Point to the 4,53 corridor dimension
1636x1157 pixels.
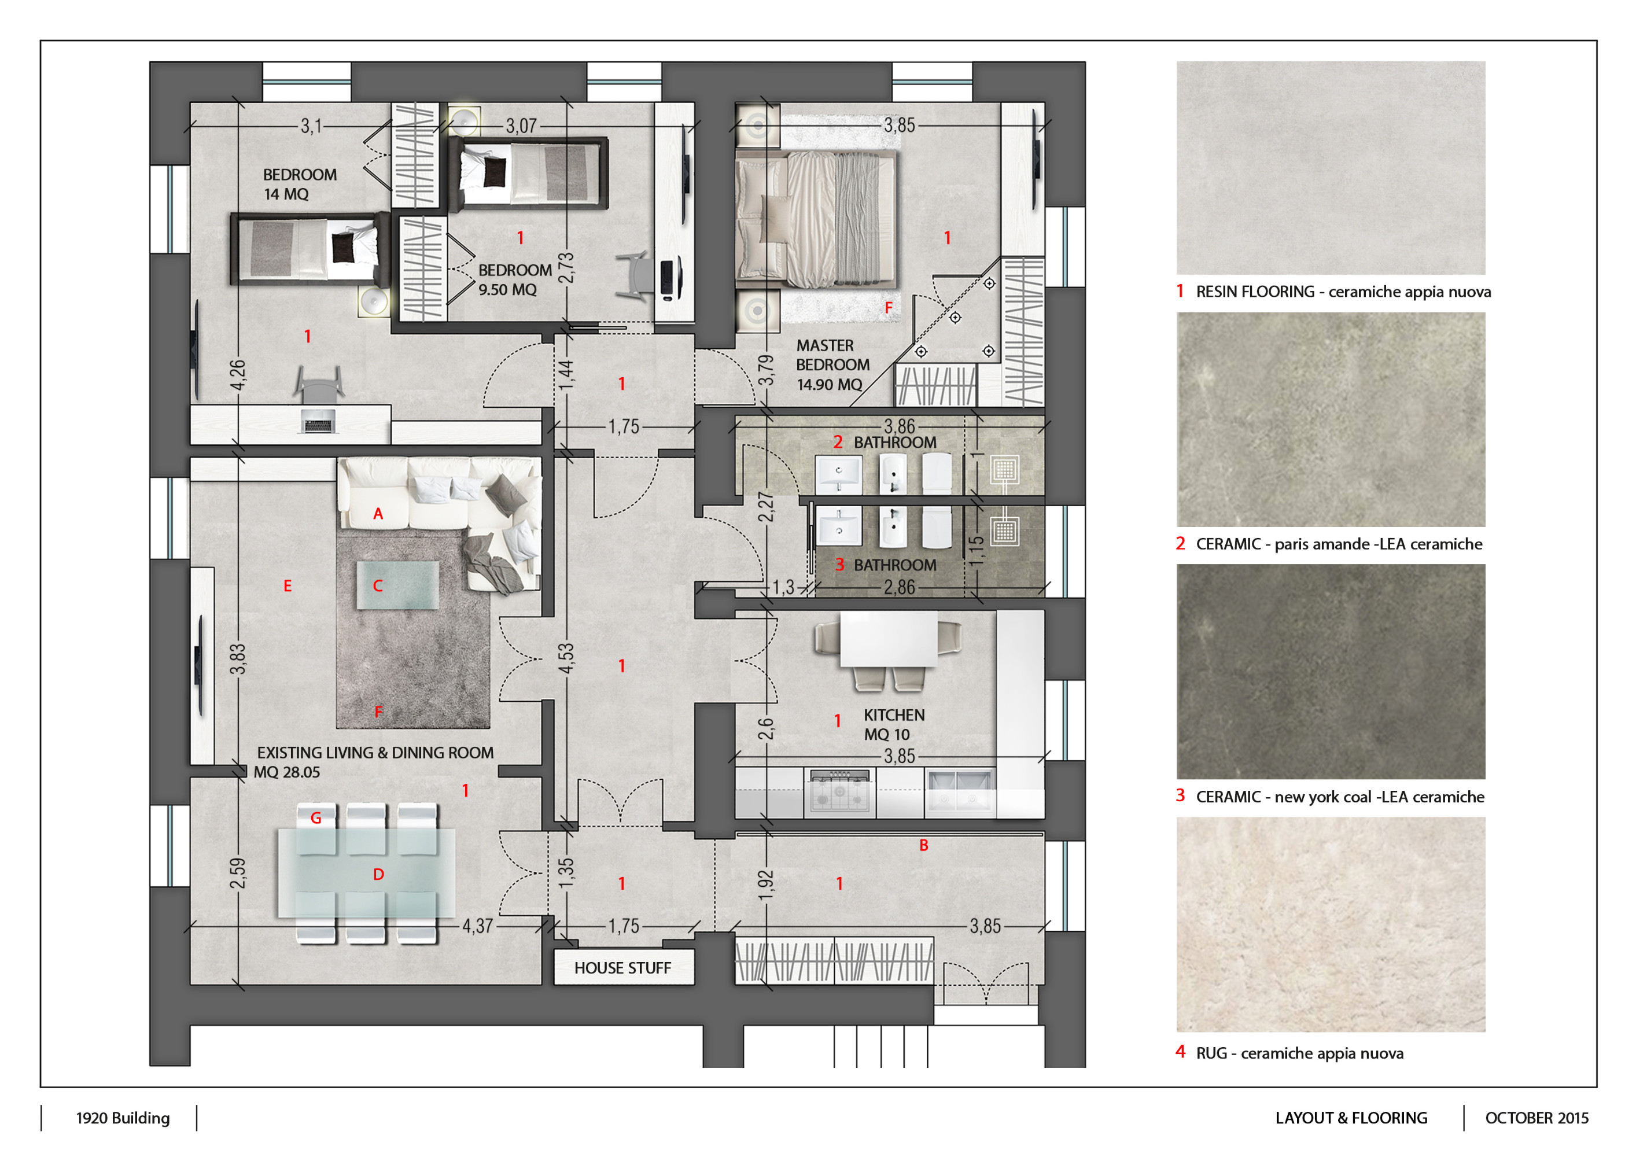pos(566,658)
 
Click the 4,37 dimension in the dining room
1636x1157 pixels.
pos(477,926)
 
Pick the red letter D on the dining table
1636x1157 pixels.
pos(378,874)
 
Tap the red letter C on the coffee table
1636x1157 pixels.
pos(378,585)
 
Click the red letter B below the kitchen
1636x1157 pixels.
pos(923,845)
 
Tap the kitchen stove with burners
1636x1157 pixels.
pos(840,791)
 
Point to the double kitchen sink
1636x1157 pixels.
pos(959,791)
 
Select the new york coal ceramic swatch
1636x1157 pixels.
pos(1331,671)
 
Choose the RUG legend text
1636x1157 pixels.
pos(1299,1053)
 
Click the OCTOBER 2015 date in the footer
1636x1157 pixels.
pos(1536,1118)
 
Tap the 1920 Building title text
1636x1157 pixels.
pos(123,1118)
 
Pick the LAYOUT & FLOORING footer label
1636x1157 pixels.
pos(1351,1118)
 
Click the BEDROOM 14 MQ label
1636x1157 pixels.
pos(299,184)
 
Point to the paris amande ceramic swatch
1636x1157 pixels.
pos(1331,419)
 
